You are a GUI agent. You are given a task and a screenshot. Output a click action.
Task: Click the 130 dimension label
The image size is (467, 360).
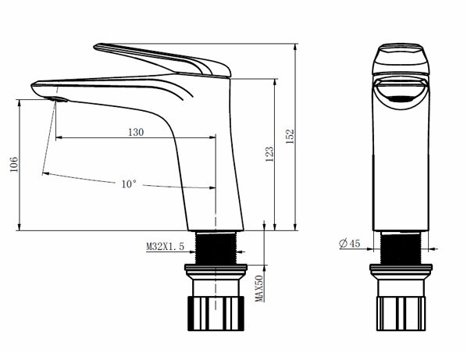[x=136, y=132]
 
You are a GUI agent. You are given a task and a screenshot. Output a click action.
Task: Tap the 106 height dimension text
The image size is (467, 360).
[x=14, y=164]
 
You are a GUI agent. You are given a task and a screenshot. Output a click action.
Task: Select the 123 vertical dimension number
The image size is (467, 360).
[x=269, y=154]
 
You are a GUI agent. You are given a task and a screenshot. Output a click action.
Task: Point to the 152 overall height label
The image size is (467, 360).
[x=290, y=137]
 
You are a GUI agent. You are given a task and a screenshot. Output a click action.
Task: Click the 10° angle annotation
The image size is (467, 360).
[x=129, y=184]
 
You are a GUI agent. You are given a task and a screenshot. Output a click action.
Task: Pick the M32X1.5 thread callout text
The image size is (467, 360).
[x=165, y=246]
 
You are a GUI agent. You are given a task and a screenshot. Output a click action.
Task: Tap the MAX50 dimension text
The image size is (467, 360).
[x=259, y=288]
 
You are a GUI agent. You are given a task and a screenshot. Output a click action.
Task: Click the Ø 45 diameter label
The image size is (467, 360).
[x=350, y=244]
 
